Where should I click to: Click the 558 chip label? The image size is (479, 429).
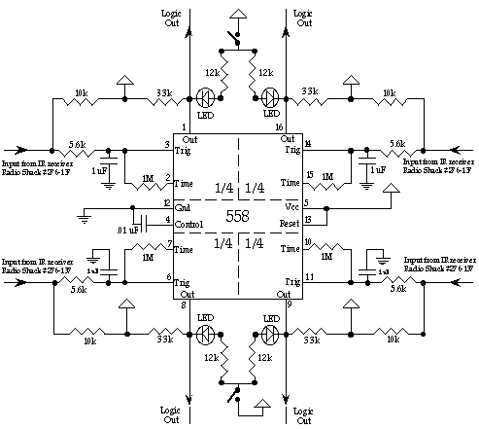(x=240, y=214)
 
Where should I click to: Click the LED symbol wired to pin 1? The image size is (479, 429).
(x=205, y=97)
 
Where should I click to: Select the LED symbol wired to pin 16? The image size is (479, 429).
(x=272, y=97)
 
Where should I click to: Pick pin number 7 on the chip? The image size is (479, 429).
(x=169, y=243)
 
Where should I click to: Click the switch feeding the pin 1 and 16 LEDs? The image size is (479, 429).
(x=234, y=38)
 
